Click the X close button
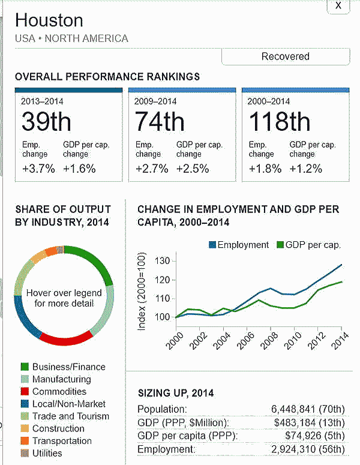339,5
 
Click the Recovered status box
286,56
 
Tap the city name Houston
49,20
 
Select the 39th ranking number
46,122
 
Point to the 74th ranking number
160,122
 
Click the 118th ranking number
279,122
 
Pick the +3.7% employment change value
38,169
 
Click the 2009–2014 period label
155,101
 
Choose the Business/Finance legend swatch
25,367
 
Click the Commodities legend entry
58,391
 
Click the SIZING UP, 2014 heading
176,394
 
